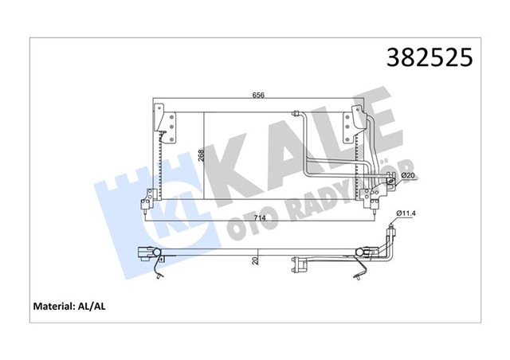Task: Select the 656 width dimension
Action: click(x=259, y=96)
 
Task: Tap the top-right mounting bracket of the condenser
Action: click(x=351, y=123)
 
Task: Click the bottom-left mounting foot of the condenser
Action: click(x=146, y=201)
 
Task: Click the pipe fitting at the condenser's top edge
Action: click(x=296, y=115)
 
